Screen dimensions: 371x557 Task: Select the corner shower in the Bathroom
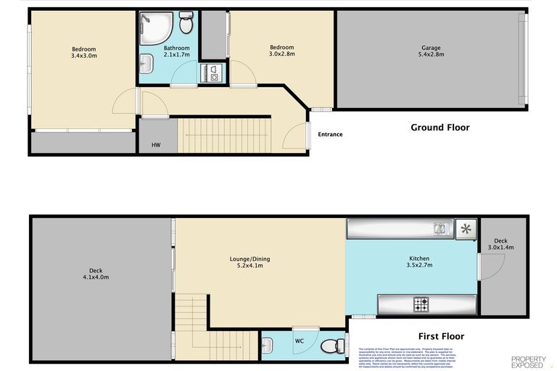pos(154,28)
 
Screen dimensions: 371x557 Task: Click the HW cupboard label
pos(156,145)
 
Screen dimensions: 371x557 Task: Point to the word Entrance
pos(329,134)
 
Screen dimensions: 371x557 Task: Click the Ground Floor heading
pos(440,128)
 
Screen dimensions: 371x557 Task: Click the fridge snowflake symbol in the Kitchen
pos(466,230)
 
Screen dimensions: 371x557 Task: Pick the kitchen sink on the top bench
pos(440,230)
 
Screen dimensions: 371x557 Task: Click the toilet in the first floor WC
pos(334,346)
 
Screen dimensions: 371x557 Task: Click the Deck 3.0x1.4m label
pos(500,244)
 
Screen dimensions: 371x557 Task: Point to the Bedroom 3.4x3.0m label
pos(83,51)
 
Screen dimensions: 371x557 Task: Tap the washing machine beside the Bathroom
pos(215,72)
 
